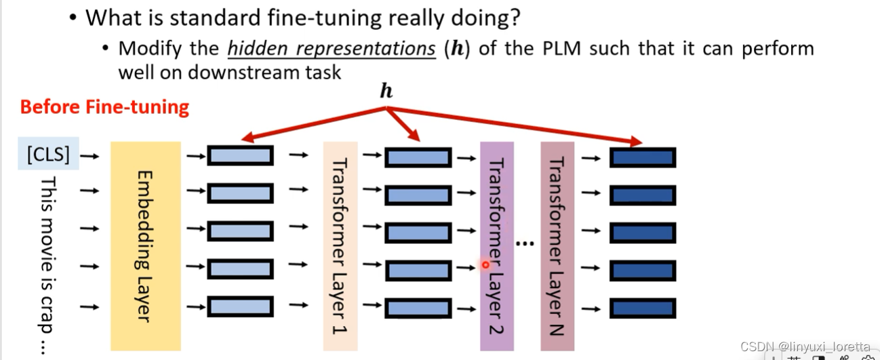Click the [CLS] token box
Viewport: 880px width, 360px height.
click(48, 155)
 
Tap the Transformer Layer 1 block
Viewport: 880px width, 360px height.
click(340, 245)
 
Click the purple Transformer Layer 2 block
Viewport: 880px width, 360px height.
click(496, 245)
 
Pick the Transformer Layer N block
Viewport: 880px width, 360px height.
click(557, 245)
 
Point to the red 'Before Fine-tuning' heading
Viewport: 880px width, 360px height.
click(104, 107)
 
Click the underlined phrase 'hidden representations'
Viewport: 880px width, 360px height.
click(331, 49)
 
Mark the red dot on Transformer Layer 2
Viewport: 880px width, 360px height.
click(485, 265)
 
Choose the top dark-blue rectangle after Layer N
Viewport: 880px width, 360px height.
click(642, 157)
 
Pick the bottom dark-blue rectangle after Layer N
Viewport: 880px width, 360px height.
click(642, 308)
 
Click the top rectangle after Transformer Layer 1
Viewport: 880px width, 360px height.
click(418, 157)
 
